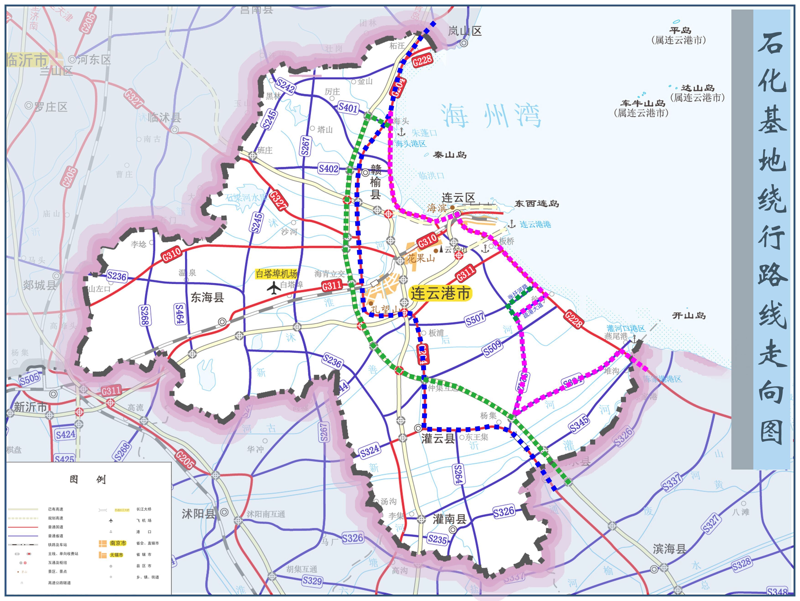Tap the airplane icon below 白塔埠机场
[274, 288]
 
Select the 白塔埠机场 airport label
[276, 274]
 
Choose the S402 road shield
[328, 168]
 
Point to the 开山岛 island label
[689, 316]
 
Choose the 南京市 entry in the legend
[118, 543]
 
